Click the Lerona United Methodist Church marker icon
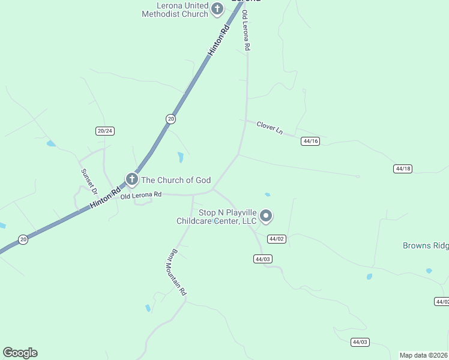point(217,9)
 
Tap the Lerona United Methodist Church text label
point(175,10)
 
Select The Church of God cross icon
point(131,179)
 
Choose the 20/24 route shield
point(104,131)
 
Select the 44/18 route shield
point(403,169)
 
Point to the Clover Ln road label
point(270,127)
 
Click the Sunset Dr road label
point(89,182)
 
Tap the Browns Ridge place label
point(425,245)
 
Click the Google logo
point(20,353)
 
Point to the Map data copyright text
point(424,355)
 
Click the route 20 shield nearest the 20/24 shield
point(171,119)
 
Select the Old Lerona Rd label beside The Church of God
point(141,196)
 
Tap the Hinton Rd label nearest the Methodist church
point(219,41)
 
